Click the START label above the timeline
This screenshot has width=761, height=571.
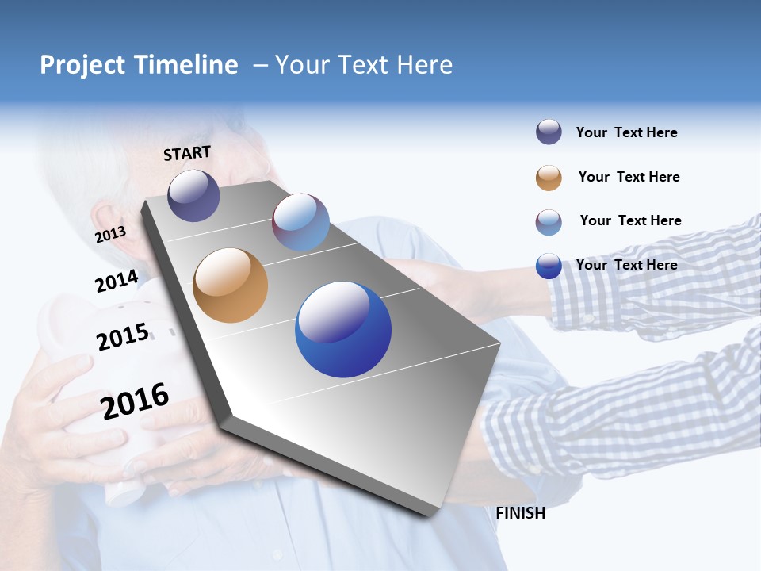click(187, 153)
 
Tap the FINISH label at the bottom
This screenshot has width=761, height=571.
click(520, 513)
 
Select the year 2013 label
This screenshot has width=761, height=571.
click(110, 234)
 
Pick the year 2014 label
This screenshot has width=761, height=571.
click(117, 282)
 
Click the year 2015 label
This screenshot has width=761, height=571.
click(123, 337)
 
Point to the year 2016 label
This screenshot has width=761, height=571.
click(135, 401)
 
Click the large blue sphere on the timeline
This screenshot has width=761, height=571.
click(343, 330)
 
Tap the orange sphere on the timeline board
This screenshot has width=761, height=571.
click(230, 285)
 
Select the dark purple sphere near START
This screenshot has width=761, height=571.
click(193, 195)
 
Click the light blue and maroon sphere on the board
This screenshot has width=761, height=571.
click(300, 222)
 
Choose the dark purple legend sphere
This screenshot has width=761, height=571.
click(549, 132)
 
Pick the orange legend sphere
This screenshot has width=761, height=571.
click(549, 178)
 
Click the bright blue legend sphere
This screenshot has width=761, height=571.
click(549, 266)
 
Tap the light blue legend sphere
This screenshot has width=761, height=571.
click(549, 222)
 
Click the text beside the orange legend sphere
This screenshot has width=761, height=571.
click(629, 177)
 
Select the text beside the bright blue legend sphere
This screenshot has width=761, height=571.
click(626, 265)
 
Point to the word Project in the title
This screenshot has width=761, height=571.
click(82, 65)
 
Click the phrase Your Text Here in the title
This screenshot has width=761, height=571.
click(364, 65)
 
